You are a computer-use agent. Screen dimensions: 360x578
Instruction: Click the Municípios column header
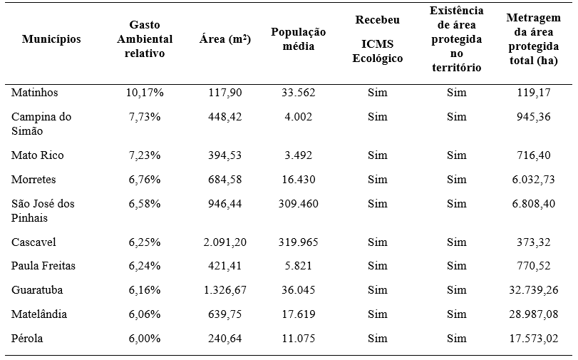[51, 39]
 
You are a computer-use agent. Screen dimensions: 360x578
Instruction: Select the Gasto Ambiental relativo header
[145, 39]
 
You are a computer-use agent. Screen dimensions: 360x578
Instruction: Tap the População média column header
[299, 39]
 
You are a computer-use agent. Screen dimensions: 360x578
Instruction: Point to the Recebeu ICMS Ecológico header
[378, 39]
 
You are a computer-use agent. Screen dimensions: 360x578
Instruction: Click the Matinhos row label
[35, 93]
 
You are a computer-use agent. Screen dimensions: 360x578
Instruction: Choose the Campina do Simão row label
[42, 123]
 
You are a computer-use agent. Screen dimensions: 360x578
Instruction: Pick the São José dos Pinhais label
[43, 210]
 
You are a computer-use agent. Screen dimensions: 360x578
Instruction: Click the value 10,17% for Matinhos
[145, 93]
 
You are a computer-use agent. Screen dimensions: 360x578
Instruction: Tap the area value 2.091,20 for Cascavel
[225, 242]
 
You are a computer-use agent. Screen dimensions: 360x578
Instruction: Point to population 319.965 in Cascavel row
[299, 242]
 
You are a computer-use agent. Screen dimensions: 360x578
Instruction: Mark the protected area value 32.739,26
[534, 290]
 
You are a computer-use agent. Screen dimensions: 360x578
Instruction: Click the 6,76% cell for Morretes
[145, 180]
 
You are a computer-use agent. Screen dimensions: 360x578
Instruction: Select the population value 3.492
[299, 155]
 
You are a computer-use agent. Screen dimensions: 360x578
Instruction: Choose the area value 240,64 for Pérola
[225, 339]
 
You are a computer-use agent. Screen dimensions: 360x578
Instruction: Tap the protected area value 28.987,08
[534, 314]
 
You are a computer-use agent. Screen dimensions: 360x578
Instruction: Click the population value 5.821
[299, 266]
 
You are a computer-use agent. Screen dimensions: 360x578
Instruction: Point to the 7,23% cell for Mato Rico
[145, 155]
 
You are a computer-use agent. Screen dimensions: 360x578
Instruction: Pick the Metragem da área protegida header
[534, 39]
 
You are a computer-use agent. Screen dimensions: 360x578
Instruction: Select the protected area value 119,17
[534, 93]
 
